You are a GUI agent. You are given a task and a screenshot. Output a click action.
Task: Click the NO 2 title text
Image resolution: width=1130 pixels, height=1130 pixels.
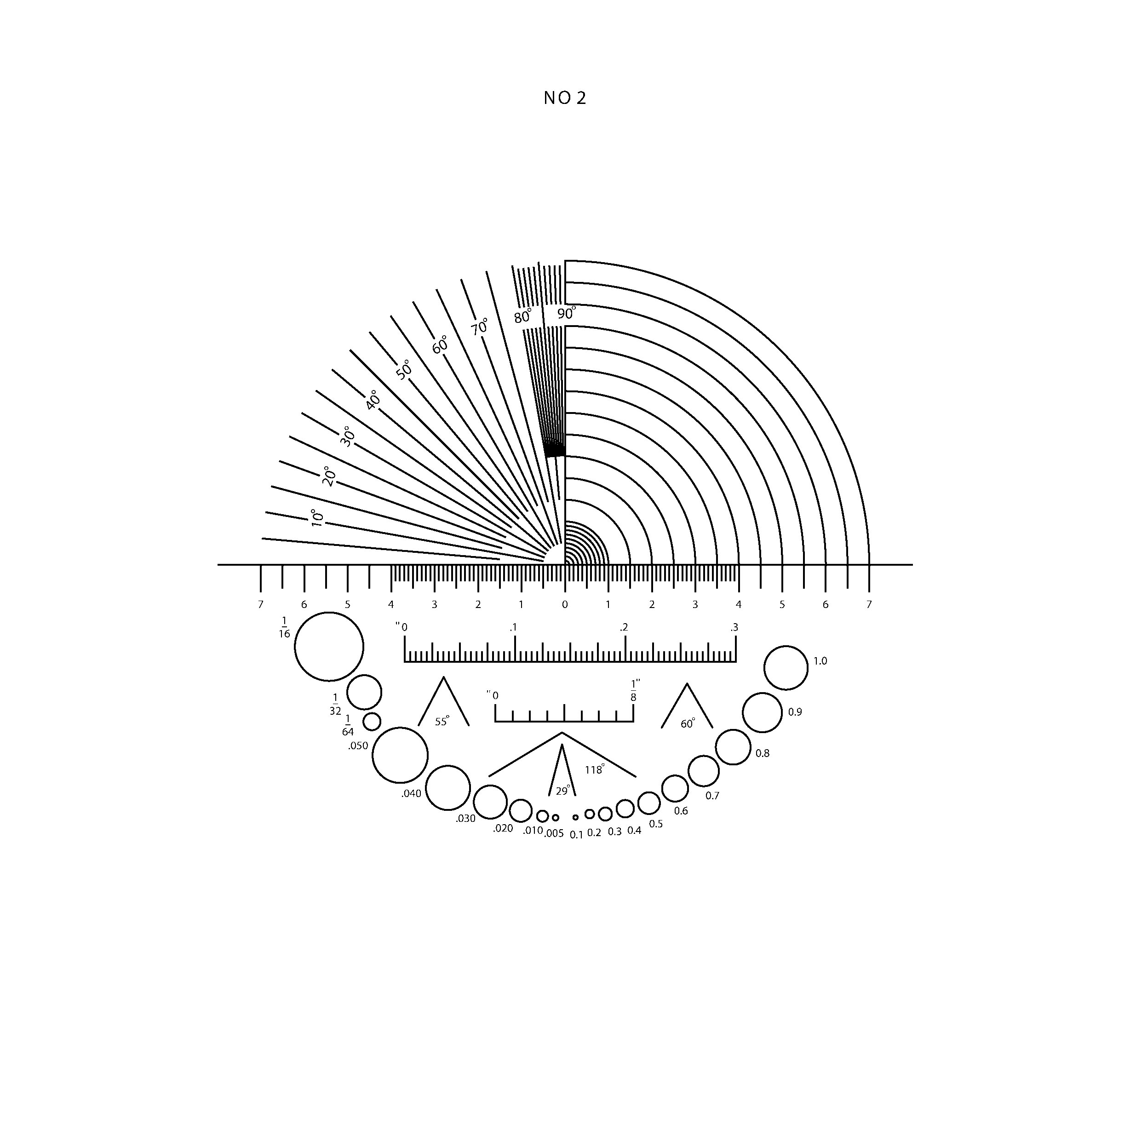click(x=564, y=98)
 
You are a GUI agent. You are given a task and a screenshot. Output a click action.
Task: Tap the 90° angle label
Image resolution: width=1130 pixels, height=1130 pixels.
click(x=566, y=314)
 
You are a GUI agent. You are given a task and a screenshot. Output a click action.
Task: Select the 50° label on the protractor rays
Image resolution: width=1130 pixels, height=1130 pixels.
click(x=404, y=370)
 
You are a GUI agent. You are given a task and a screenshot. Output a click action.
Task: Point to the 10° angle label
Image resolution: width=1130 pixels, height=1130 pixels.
click(x=316, y=517)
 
